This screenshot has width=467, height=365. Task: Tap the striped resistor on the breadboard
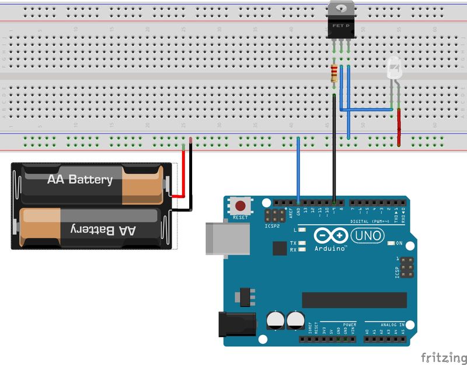(334, 73)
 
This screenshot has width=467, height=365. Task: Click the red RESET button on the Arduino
(240, 206)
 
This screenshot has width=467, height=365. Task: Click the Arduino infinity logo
(331, 235)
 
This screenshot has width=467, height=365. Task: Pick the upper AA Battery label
(80, 179)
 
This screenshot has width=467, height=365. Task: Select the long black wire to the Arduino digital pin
(334, 152)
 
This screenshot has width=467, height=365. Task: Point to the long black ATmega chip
(354, 300)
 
